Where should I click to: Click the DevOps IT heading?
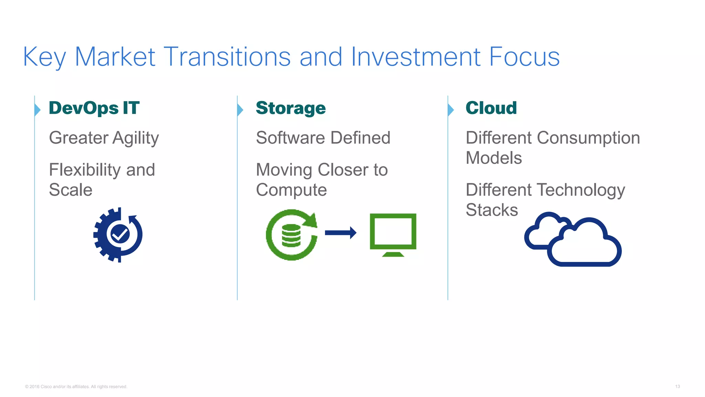pos(94,108)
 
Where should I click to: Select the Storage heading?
pos(291,108)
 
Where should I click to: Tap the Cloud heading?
pos(491,108)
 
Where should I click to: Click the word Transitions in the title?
pos(227,57)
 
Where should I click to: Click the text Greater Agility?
pos(104,138)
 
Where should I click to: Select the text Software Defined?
pos(323,138)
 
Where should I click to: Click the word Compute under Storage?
pos(291,190)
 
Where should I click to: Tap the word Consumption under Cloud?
pos(588,138)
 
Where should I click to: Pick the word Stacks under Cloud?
pos(492,210)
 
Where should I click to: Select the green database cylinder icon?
pos(291,235)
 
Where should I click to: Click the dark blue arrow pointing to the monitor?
pos(340,233)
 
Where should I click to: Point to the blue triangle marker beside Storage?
pos(240,110)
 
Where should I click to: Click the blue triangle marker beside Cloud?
pos(451,110)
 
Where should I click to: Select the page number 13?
pos(677,387)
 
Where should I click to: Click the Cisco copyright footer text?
pos(76,387)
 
